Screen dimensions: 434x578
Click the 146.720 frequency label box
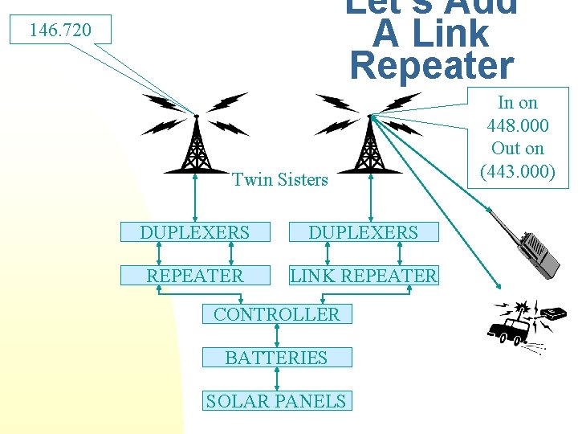(x=60, y=31)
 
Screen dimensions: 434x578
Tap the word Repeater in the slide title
(x=432, y=66)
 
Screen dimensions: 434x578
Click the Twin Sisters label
(x=280, y=179)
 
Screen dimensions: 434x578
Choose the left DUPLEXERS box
(x=194, y=232)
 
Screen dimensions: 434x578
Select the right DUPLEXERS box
(x=363, y=232)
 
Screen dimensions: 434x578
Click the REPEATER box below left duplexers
(x=194, y=276)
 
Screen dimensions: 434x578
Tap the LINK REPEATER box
(x=364, y=276)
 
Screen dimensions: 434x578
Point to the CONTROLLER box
(x=276, y=314)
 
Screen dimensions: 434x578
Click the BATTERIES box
(x=276, y=358)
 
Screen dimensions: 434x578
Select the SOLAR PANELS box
(x=276, y=401)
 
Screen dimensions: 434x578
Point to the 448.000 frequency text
(x=518, y=125)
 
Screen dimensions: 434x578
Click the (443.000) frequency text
(x=518, y=171)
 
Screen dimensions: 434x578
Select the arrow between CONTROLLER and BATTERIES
(x=276, y=336)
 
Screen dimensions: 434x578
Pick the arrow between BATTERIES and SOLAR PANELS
(x=276, y=379)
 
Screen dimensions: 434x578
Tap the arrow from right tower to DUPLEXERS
(x=370, y=198)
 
